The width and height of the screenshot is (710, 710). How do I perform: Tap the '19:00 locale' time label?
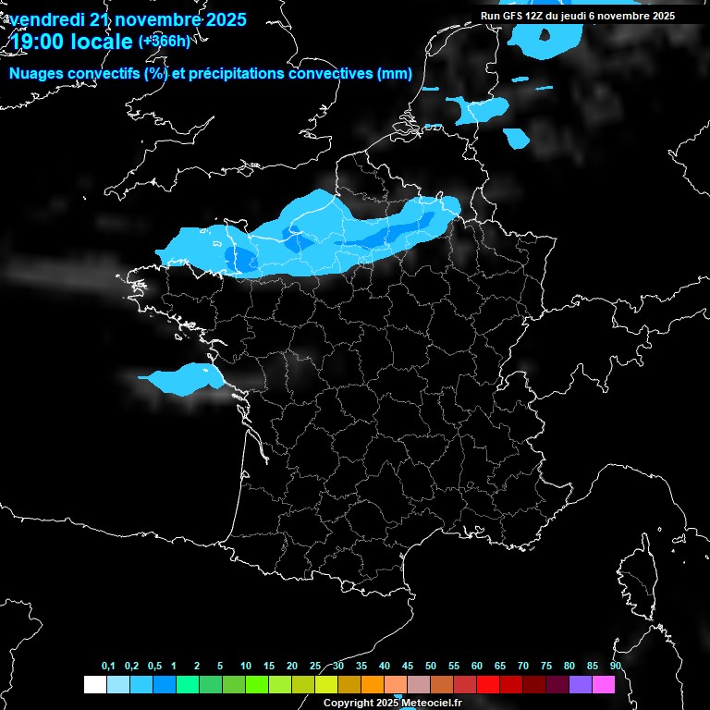click(70, 42)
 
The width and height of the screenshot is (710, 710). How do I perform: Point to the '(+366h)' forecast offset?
click(164, 41)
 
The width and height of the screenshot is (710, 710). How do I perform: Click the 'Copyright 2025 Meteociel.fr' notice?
click(392, 703)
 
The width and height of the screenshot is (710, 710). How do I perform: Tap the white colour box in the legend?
click(94, 685)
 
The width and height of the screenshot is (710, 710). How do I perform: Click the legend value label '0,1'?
click(108, 667)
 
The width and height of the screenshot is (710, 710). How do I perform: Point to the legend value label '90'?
click(616, 667)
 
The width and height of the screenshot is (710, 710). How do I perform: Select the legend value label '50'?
click(431, 667)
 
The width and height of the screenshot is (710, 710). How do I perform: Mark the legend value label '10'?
click(246, 667)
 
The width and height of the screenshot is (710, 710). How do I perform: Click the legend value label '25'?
click(315, 667)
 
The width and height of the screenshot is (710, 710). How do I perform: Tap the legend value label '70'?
click(523, 667)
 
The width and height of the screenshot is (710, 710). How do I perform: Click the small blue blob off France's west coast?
click(185, 378)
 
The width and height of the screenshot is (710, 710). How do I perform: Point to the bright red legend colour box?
click(488, 685)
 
